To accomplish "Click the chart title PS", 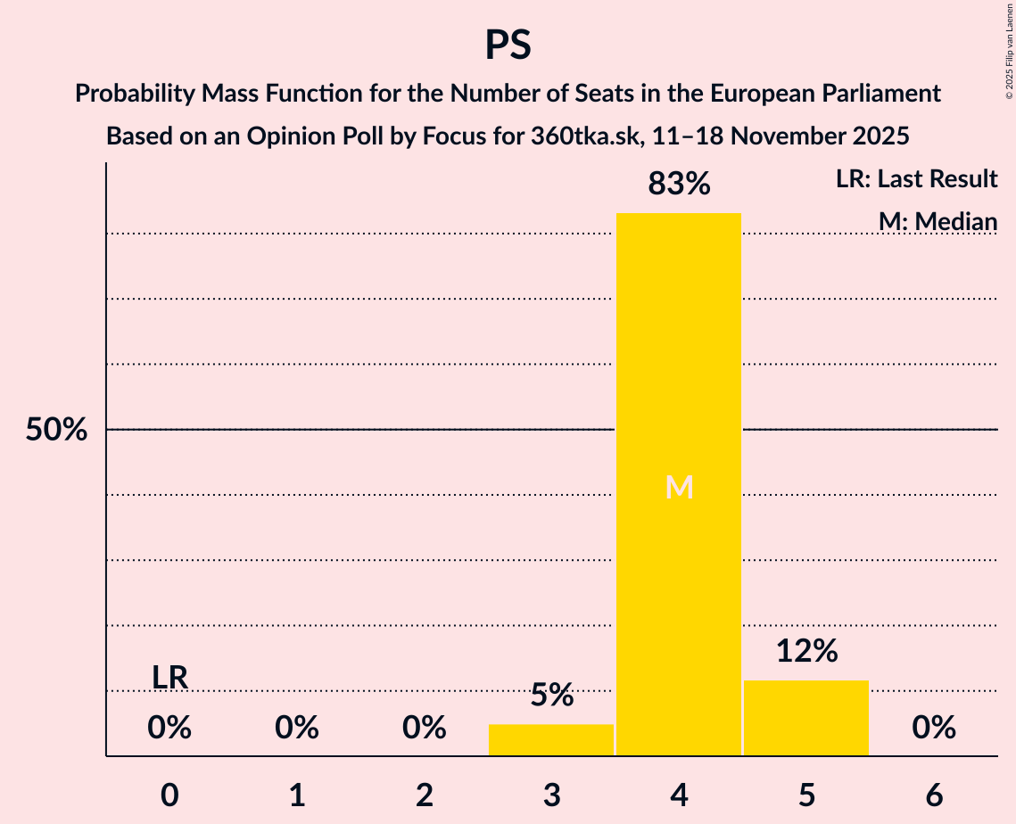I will (x=508, y=45).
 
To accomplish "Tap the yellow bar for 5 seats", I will (x=806, y=718).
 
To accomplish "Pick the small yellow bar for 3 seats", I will (x=551, y=740).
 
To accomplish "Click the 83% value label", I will (x=679, y=185).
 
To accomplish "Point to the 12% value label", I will (x=806, y=651).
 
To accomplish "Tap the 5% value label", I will (x=551, y=695).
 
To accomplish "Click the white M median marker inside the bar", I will (x=679, y=487).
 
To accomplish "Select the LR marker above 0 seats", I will (x=169, y=678).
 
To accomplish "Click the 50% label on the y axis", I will (x=56, y=430).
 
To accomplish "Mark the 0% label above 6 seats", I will (x=934, y=729).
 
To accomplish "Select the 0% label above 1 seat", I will (x=297, y=729).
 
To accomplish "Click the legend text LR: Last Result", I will (x=916, y=179).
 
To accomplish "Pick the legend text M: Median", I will (x=938, y=221).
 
